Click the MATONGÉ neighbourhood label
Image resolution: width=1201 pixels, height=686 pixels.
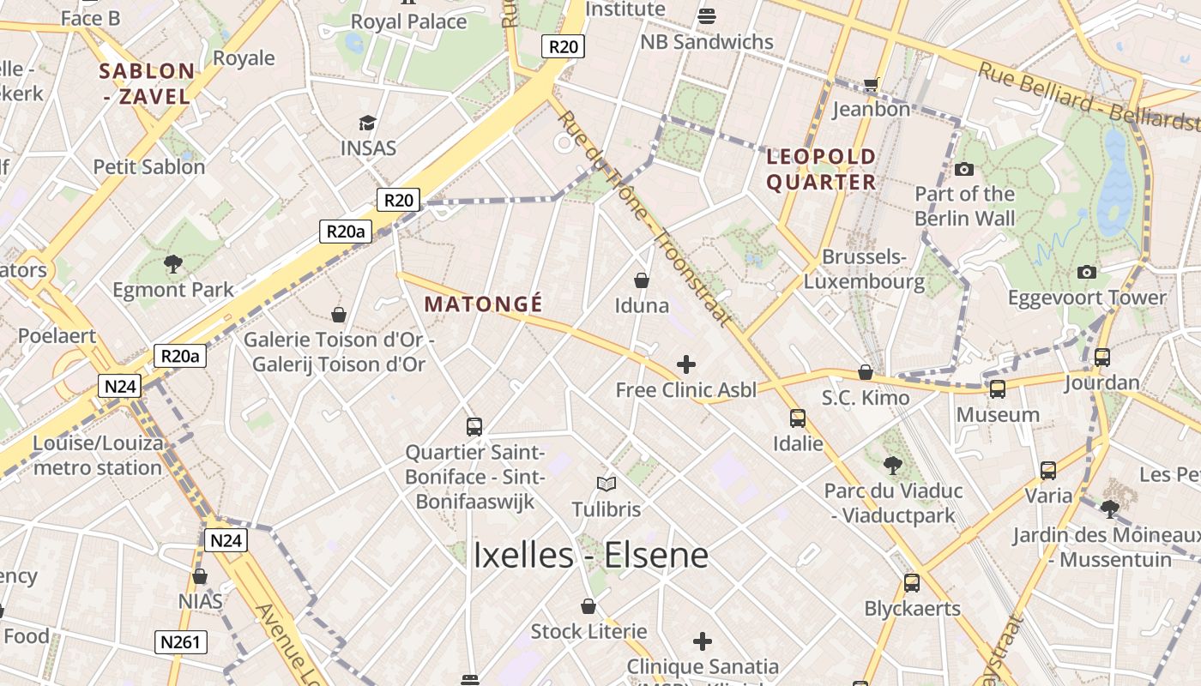[x=483, y=304]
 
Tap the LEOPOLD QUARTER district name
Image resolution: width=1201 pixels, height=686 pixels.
[x=821, y=170]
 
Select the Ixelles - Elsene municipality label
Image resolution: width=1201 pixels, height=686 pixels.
[x=591, y=556]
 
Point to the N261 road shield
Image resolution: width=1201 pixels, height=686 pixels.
[x=182, y=641]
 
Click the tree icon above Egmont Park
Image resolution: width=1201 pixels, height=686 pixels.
[x=173, y=263]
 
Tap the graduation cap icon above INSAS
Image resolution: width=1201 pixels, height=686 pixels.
[x=368, y=123]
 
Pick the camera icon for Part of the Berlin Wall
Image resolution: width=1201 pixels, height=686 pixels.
[x=964, y=169]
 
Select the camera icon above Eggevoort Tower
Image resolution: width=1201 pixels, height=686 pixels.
[x=1087, y=273]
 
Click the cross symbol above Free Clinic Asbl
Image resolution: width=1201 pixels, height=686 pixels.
[x=685, y=364]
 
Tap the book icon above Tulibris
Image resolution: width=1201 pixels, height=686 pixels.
[x=607, y=484]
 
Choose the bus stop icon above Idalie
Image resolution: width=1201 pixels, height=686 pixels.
[x=798, y=418]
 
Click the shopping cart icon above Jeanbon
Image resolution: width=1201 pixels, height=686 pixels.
[x=872, y=84]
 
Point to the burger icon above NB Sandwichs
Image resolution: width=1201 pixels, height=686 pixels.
[x=707, y=15]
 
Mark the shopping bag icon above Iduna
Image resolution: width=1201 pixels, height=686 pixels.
[x=641, y=280]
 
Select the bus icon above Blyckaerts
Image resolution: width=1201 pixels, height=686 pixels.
[x=911, y=583]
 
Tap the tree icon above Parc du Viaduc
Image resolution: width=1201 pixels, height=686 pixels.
[x=892, y=466]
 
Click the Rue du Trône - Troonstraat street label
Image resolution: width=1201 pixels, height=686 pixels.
[x=646, y=220]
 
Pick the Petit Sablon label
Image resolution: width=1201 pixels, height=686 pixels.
[x=149, y=166]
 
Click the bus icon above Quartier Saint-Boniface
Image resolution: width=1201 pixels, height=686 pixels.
[x=474, y=426]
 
